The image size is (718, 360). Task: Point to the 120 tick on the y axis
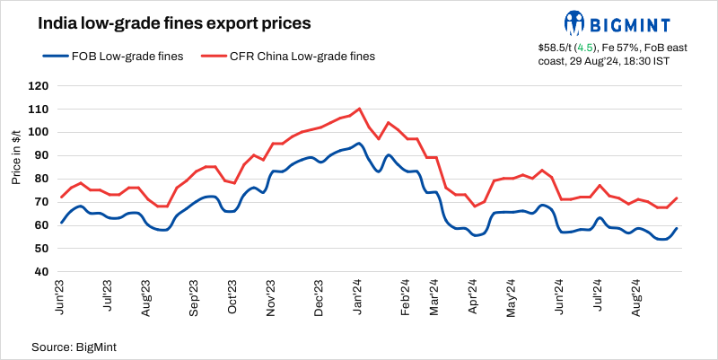tap(38, 86)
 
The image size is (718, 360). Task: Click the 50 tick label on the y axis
tap(40, 248)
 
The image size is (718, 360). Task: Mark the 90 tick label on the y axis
tap(40, 155)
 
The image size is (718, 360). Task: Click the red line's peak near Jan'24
tap(359, 109)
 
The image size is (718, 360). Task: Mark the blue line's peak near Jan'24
tap(359, 143)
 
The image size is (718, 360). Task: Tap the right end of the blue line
tap(676, 229)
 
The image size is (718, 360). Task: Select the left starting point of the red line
tap(61, 198)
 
